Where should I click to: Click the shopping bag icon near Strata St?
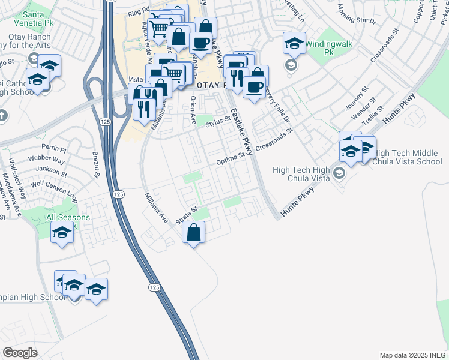point(193,232)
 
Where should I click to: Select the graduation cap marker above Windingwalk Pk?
point(294,43)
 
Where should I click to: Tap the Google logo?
point(20,353)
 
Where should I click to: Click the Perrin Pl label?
point(53,147)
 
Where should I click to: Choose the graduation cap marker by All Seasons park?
point(62,232)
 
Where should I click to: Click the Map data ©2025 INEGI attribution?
point(414,355)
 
